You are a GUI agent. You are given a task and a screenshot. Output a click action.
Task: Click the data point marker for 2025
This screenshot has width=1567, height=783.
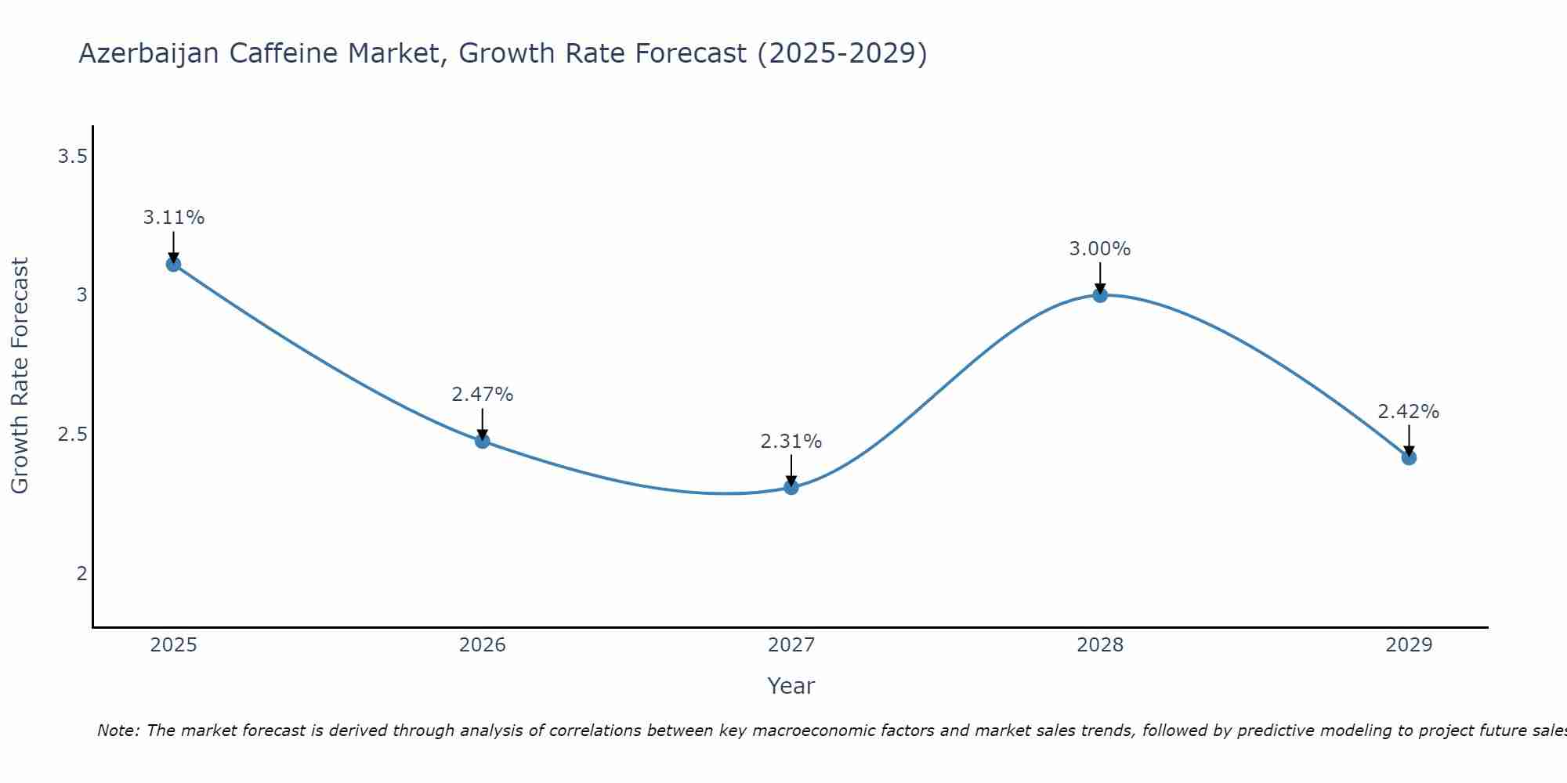(173, 264)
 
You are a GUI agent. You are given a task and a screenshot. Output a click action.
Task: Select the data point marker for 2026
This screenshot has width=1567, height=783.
(482, 441)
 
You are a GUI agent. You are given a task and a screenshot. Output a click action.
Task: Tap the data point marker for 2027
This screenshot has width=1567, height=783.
(791, 487)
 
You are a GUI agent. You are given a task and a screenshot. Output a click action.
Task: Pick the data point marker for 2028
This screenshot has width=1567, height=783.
(1100, 295)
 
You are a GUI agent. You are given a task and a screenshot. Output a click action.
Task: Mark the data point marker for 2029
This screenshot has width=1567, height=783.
(1409, 457)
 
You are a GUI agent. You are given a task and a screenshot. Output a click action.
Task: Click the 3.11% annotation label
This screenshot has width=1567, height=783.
(173, 218)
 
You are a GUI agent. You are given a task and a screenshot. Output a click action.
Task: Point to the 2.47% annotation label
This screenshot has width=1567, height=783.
(482, 395)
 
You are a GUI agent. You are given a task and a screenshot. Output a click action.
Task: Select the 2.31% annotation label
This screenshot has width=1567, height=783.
(791, 442)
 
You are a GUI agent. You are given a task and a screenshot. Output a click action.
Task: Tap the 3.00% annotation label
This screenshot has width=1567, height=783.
(1100, 249)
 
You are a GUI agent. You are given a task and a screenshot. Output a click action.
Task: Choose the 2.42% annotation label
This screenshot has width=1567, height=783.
(1409, 412)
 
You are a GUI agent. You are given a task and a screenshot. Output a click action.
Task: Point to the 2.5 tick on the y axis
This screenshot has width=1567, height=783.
(72, 435)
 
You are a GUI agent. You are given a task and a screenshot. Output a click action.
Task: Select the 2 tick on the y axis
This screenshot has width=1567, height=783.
(81, 573)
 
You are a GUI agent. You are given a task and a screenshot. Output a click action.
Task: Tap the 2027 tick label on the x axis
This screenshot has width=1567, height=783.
(791, 645)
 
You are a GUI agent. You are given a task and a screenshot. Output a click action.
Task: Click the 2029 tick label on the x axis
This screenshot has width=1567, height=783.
(1409, 645)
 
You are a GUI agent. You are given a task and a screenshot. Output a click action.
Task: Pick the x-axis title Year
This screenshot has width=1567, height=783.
(791, 686)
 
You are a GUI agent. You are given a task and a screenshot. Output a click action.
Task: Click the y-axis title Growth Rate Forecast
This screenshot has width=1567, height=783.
(20, 376)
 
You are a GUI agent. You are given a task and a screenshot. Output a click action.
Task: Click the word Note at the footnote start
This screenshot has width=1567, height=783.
(118, 731)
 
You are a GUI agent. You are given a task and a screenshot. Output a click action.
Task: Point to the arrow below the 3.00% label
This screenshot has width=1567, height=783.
(1100, 278)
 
